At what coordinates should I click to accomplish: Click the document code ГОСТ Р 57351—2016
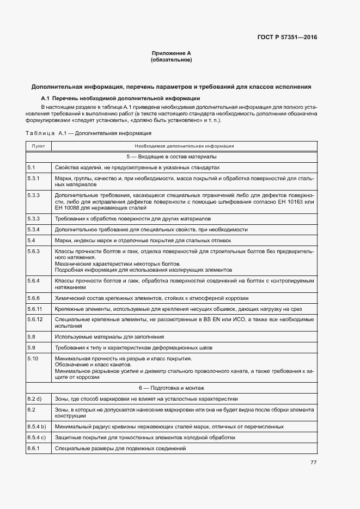tap(286, 38)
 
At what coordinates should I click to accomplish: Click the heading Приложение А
tap(171, 53)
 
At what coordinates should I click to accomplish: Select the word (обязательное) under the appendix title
tap(171, 60)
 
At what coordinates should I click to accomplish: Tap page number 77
tap(313, 462)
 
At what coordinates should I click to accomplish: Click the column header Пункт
tap(38, 146)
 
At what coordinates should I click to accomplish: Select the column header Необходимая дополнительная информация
tap(184, 146)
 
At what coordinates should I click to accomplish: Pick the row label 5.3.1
tap(34, 179)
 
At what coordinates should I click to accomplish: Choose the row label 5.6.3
tap(34, 251)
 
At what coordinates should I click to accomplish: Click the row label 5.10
tap(33, 358)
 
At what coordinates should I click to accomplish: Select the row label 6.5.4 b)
tap(36, 426)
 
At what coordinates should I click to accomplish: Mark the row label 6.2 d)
tap(34, 399)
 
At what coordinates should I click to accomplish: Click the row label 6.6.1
tap(34, 448)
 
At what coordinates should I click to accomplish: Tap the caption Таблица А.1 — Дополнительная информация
tap(88, 133)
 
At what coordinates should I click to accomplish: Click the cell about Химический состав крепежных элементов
tap(151, 298)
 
